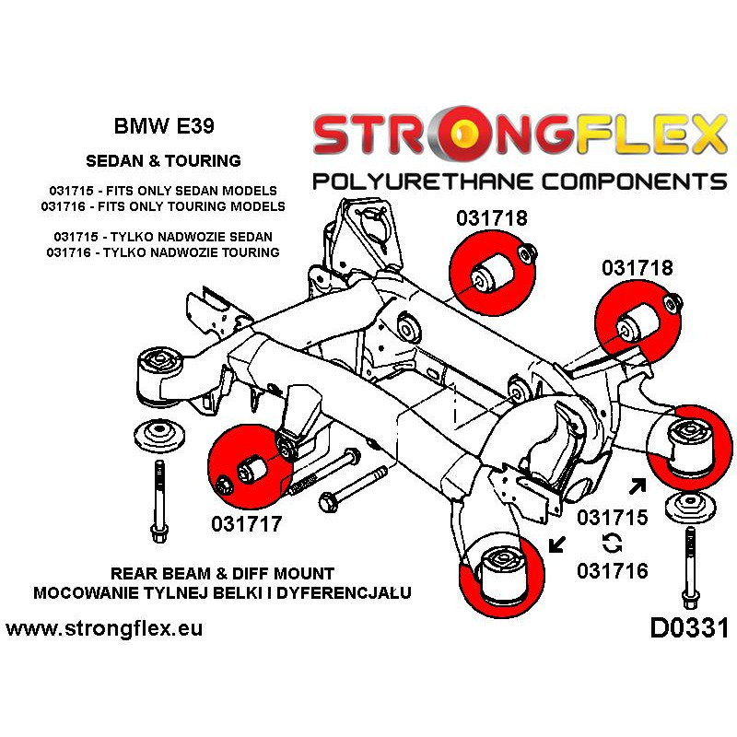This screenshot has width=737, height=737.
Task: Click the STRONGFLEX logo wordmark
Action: pyautogui.click(x=520, y=135)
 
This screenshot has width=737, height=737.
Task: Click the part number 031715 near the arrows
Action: pyautogui.click(x=613, y=518)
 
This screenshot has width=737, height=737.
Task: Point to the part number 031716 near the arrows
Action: pyautogui.click(x=613, y=570)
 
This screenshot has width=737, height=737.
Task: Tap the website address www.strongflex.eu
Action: pyautogui.click(x=104, y=629)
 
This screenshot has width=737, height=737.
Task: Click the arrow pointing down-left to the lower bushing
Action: pyautogui.click(x=557, y=544)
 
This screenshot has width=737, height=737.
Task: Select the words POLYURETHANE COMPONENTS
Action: pyautogui.click(x=520, y=179)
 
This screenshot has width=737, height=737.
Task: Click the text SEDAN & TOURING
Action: pyautogui.click(x=163, y=160)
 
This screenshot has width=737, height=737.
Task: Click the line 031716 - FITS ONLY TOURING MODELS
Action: pyautogui.click(x=163, y=206)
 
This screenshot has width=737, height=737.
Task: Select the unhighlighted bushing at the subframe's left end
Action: pyautogui.click(x=158, y=372)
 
